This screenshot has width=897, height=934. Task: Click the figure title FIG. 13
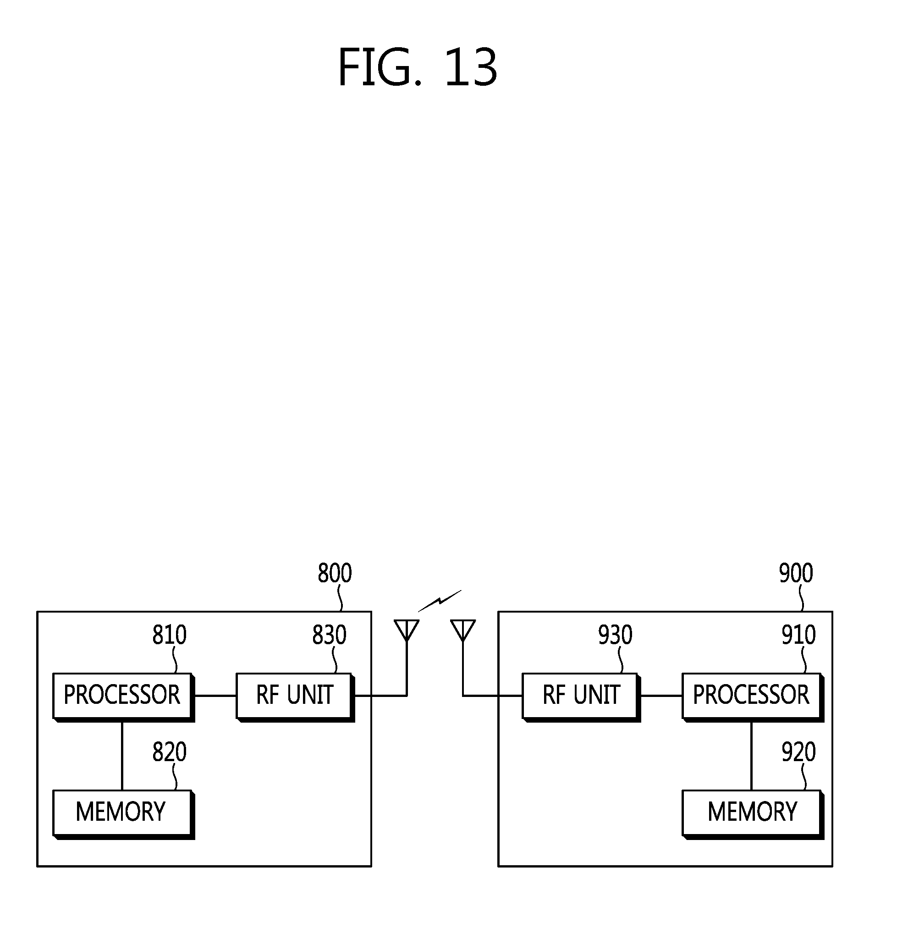tap(417, 67)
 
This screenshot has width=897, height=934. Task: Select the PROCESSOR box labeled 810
tap(122, 695)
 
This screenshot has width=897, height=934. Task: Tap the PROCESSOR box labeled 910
tap(751, 695)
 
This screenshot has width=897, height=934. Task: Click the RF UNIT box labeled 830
tap(294, 695)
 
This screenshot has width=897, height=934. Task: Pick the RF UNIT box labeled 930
tap(580, 695)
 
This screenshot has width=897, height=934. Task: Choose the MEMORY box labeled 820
tap(122, 812)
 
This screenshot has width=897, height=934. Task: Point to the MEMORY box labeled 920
tap(751, 812)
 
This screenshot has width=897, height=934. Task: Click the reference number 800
tap(335, 573)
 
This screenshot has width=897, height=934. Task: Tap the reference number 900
tap(796, 573)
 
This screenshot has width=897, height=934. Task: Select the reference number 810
tap(169, 635)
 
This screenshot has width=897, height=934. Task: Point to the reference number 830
tap(329, 635)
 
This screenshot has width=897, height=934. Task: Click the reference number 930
tap(615, 635)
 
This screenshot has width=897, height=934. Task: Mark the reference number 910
tap(798, 635)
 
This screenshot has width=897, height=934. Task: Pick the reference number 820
tap(169, 752)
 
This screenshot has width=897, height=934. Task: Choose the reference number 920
tap(798, 752)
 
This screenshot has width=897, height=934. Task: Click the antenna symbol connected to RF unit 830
tap(407, 631)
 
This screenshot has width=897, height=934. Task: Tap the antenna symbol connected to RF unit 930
tap(462, 631)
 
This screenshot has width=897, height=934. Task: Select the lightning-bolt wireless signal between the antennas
tap(440, 601)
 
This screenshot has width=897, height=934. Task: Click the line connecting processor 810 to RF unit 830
tap(215, 696)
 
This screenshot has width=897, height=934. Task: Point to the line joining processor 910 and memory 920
tap(751, 755)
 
